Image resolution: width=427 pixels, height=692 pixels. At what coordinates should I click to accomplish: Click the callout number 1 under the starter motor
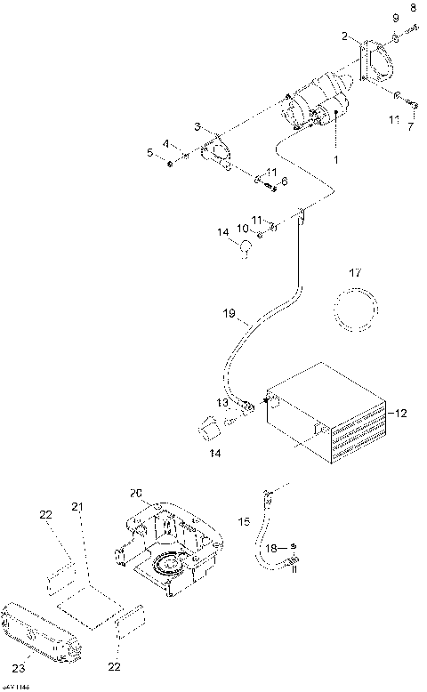[335, 159]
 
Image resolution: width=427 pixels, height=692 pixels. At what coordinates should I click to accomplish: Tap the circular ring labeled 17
[354, 313]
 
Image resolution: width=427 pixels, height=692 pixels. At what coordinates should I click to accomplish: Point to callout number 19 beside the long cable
[229, 313]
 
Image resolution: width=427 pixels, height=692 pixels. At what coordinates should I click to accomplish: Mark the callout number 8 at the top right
[411, 8]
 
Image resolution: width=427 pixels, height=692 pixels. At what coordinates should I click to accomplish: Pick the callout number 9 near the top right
[395, 18]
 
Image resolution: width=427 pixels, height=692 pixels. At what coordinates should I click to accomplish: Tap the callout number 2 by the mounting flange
[344, 36]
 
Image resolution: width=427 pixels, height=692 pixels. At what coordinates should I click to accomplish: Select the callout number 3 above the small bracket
[198, 127]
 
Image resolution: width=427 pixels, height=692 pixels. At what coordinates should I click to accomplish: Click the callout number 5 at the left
[149, 152]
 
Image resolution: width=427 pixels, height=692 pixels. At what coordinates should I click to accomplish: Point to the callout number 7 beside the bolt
[409, 128]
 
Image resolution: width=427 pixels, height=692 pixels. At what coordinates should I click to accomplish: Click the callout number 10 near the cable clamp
[243, 229]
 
